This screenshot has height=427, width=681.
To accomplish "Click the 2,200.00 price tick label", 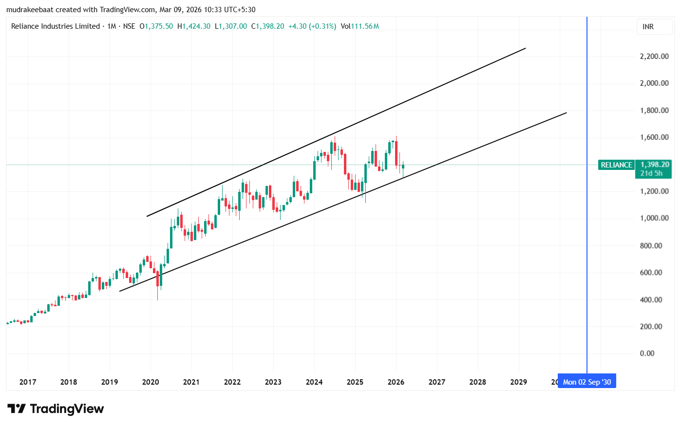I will (654, 56).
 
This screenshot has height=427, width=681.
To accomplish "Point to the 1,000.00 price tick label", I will (654, 218).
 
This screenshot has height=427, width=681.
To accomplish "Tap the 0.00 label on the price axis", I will (647, 353).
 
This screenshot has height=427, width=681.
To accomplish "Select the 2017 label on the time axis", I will (28, 382).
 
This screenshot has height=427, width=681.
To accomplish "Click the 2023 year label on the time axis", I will (273, 382).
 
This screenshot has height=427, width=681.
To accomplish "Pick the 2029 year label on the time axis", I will (518, 382).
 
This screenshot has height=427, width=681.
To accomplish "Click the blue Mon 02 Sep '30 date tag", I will (586, 382).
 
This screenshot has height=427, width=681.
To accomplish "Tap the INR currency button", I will (648, 27).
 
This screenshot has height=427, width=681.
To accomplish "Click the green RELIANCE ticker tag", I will (616, 165).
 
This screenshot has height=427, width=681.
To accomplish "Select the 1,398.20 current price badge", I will (655, 165).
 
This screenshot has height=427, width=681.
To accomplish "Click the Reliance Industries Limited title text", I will (55, 26).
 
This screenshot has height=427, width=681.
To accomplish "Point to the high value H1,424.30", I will (194, 26).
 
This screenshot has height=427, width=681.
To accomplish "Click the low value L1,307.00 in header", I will (231, 26).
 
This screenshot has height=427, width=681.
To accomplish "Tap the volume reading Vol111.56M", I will (359, 26).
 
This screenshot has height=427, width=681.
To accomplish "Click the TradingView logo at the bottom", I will (56, 408).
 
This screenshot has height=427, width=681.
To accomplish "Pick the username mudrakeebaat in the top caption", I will (30, 10).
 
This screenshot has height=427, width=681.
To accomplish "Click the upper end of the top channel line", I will (525, 48).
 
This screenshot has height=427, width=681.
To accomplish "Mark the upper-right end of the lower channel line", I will (566, 113).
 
